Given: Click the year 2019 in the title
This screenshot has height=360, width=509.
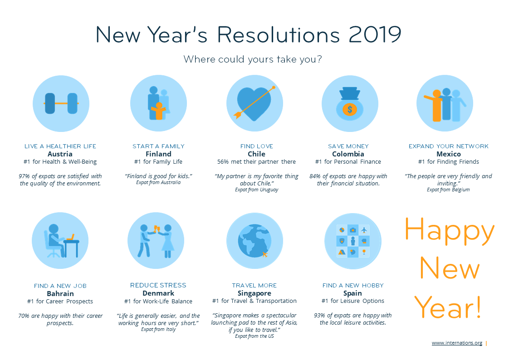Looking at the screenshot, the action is pos(375,34).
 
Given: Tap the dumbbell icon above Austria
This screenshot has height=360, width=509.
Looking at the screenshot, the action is pos(61,103).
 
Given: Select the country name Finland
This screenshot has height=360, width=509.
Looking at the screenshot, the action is pos(158,154).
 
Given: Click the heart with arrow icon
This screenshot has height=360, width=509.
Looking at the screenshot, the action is pos(254,103).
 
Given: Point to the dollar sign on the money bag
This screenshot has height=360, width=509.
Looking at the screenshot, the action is pos(350,109).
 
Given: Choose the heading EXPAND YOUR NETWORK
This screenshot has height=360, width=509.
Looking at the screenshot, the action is pos(448,146).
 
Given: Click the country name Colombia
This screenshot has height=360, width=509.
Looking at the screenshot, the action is pos(348,154).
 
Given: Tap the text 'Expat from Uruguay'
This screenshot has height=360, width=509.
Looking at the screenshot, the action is pos(256,190).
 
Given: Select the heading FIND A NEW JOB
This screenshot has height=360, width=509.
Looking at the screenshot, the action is pos(60,286).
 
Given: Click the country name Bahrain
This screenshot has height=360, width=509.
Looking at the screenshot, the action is pos(60,294).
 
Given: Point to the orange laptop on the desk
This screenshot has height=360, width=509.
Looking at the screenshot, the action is pos(70,238).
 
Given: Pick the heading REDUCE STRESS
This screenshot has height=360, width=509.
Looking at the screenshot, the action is pos(158,285).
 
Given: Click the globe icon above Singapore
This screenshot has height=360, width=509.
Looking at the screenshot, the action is pos(254,241).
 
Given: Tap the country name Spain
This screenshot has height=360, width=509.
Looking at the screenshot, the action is pos(352,293).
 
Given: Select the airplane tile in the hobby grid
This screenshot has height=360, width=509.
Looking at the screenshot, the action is pos(364,230).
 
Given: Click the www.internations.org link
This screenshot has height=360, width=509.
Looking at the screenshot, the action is pos(457,343).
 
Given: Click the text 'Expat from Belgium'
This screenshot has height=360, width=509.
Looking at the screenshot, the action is pos(448,190).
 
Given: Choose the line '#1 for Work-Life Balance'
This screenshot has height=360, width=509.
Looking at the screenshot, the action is pos(158,302).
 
